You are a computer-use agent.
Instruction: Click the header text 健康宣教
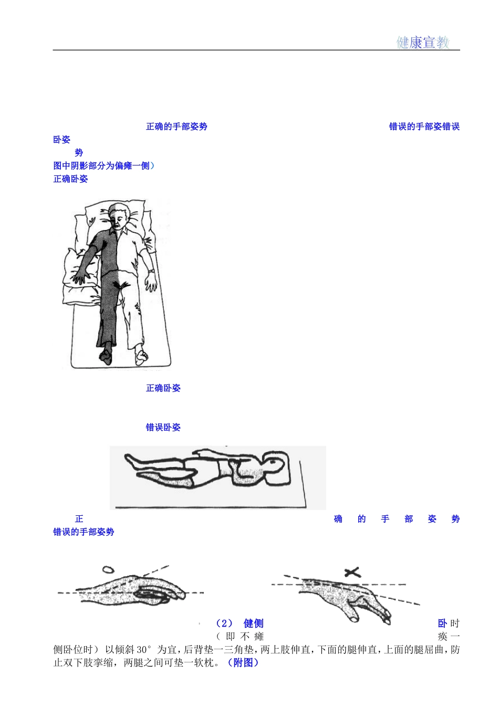click(x=422, y=42)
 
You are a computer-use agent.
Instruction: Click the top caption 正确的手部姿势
click(x=176, y=127)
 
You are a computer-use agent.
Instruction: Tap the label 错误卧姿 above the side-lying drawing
click(x=163, y=427)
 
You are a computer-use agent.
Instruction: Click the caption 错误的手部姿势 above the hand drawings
click(x=84, y=532)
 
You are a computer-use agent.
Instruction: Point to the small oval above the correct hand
click(x=108, y=569)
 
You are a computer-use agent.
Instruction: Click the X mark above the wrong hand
click(x=351, y=572)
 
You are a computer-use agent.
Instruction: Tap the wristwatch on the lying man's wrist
click(x=151, y=271)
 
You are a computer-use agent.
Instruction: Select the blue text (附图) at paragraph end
click(x=243, y=662)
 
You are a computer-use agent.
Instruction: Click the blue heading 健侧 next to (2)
click(x=254, y=623)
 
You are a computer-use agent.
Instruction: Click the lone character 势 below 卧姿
click(x=79, y=152)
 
